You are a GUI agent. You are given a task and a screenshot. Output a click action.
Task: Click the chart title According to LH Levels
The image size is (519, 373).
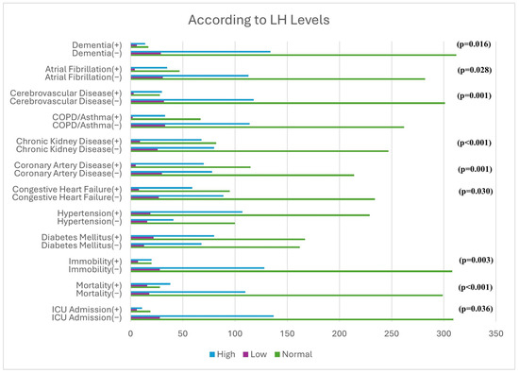(259, 20)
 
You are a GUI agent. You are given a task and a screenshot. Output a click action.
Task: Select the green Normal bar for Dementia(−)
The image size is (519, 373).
(293, 55)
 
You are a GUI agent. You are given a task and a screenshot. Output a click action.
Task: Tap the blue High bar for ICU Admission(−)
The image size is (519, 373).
(202, 316)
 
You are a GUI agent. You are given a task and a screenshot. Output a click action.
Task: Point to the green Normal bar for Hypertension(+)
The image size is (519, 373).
(250, 215)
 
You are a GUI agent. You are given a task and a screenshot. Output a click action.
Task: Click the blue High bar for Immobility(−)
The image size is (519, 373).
(197, 268)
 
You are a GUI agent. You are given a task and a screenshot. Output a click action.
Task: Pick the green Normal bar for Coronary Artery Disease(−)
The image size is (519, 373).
(243, 176)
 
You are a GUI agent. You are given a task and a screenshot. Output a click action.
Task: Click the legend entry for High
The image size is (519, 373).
(223, 354)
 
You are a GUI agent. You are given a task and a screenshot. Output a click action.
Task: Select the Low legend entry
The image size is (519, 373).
(255, 354)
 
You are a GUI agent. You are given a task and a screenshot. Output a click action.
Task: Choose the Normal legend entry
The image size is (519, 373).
(293, 354)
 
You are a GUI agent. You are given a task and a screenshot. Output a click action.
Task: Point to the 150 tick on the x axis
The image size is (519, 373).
(287, 333)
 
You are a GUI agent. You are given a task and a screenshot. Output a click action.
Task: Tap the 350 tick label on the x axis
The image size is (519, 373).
(495, 333)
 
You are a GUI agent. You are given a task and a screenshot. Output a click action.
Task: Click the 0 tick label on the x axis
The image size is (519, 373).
(131, 333)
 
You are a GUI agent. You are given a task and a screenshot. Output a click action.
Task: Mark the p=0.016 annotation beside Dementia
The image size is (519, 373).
(474, 44)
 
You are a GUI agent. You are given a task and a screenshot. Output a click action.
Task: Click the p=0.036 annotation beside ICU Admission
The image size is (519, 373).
(476, 309)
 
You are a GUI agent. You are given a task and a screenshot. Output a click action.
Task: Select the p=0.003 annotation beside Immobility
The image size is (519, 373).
(476, 260)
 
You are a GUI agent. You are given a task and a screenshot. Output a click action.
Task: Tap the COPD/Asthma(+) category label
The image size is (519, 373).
(87, 117)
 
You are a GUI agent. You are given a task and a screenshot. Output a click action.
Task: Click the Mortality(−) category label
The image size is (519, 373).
(99, 294)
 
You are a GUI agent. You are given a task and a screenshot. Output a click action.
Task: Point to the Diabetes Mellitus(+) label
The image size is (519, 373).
(81, 238)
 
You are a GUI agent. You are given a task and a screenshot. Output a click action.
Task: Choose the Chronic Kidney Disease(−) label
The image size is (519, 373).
(69, 149)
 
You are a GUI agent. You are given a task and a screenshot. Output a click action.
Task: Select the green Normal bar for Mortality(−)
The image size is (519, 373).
(287, 296)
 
